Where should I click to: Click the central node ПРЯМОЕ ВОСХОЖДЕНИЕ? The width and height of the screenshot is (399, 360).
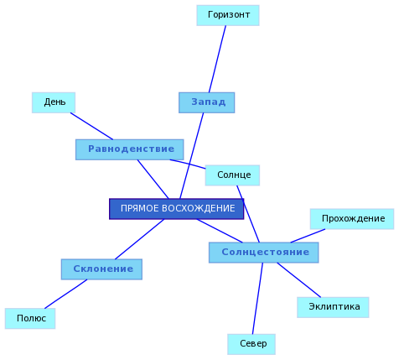[177, 209]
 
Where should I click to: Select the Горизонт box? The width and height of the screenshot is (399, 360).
[228, 15]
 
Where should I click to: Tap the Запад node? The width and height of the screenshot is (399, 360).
[207, 102]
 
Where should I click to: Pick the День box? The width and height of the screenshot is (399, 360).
[54, 102]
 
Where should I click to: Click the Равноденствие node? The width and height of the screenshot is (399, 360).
[130, 149]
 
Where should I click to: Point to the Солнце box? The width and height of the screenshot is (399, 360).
[232, 175]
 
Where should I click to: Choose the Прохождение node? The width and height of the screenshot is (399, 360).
[352, 219]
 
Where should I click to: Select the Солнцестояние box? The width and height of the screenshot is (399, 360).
[264, 253]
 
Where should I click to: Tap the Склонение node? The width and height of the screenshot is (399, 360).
[101, 269]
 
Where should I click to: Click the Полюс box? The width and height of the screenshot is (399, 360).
[30, 319]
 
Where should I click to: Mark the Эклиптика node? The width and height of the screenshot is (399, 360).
[333, 307]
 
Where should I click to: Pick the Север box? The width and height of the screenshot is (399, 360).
[251, 344]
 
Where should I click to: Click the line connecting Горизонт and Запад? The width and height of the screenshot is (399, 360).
[217, 59]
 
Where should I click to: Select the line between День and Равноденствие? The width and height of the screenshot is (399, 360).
[91, 126]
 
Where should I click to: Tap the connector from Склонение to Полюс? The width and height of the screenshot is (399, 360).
[66, 294]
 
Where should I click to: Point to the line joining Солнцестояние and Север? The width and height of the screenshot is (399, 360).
[257, 299]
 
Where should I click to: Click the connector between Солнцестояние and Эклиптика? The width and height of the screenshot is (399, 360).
[299, 280]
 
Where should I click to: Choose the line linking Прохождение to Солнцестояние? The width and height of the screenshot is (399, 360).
[308, 236]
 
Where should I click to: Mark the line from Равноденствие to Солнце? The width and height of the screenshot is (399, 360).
[188, 164]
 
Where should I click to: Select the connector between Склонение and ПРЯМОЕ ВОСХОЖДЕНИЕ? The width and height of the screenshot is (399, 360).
[140, 239]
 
